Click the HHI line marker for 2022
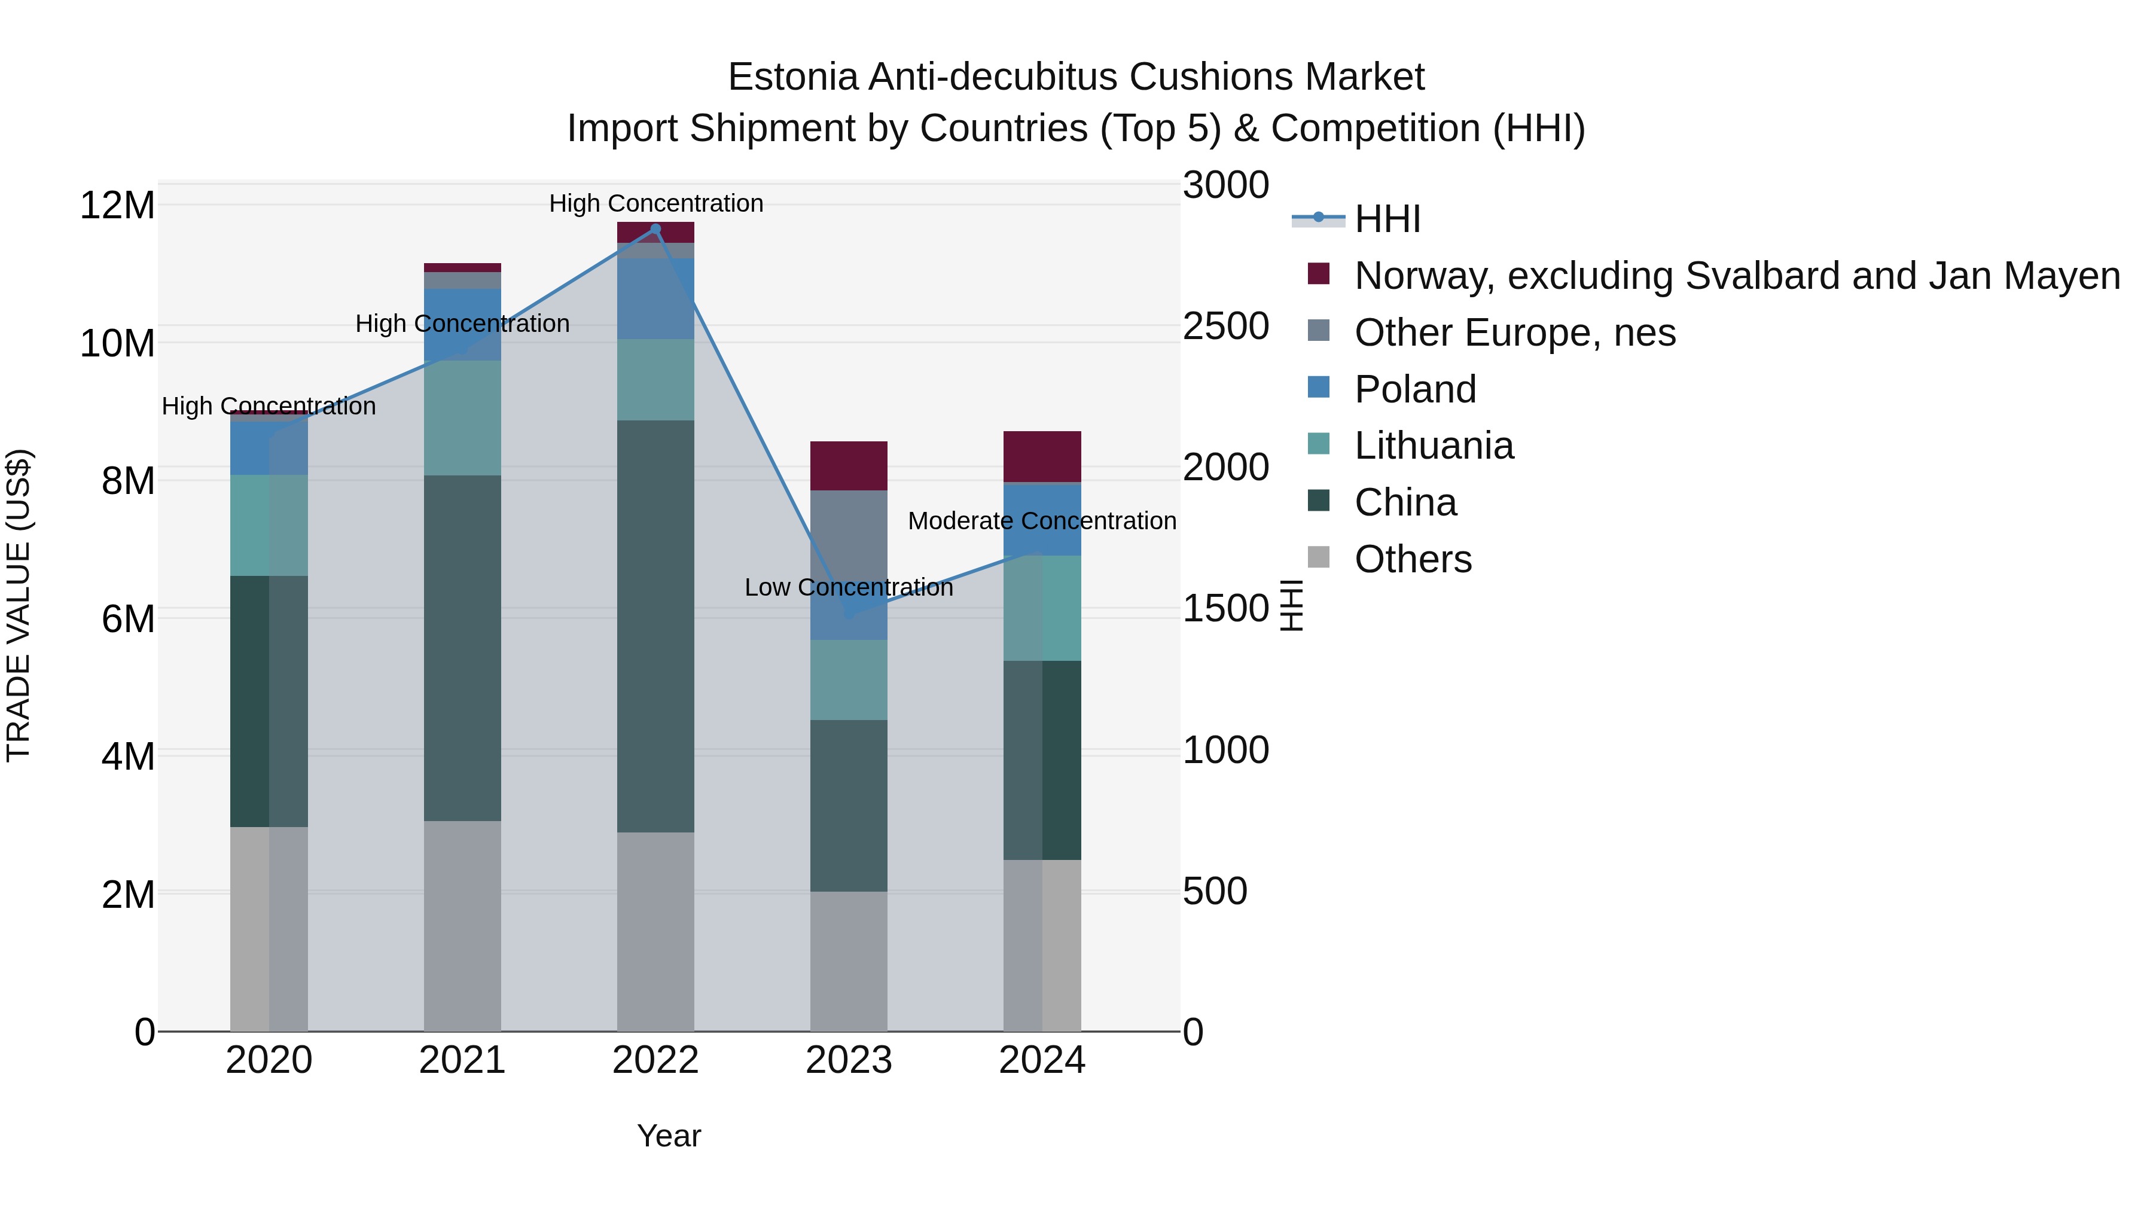click(655, 229)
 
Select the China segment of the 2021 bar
click(462, 648)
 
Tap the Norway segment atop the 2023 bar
click(848, 465)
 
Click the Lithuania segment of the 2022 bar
click(655, 379)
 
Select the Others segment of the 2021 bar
click(462, 926)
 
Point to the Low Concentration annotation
click(848, 587)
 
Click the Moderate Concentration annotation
click(1041, 521)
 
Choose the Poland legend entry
click(1414, 389)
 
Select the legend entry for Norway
click(1737, 276)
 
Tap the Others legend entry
click(1413, 559)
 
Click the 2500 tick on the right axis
click(1225, 326)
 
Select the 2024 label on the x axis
click(1041, 1060)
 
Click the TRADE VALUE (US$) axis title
click(19, 605)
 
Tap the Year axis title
click(669, 1136)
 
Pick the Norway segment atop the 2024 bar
click(1041, 456)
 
